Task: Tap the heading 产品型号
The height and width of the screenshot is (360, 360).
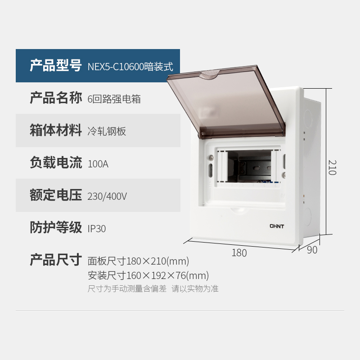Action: (55, 66)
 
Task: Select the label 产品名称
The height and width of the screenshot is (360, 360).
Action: (55, 98)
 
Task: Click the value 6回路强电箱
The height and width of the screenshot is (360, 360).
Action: (114, 99)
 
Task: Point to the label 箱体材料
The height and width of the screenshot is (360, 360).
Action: (55, 130)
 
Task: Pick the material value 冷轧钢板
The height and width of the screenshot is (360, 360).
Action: (107, 131)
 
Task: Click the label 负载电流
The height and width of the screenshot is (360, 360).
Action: (55, 163)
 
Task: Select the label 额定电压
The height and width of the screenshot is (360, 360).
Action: (55, 195)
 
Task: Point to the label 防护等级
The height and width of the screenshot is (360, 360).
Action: (55, 228)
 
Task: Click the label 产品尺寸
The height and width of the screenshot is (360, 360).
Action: (55, 260)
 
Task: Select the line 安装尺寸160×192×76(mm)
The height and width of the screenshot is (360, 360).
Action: (148, 275)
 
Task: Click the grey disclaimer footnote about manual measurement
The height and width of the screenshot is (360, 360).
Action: (153, 289)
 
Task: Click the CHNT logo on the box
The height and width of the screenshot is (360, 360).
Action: (277, 226)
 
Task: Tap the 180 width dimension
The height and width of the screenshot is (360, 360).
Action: (239, 253)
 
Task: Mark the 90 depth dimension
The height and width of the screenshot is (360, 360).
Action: (312, 250)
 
